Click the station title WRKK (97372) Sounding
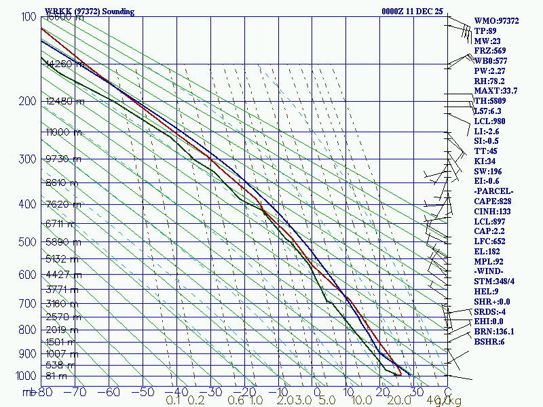coord(90,12)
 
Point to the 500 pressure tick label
coord(26,242)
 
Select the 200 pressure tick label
coord(26,102)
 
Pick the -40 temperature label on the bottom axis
coord(177,391)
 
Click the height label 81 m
coord(57,376)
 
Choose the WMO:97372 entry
coord(496,21)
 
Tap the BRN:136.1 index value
coord(494,332)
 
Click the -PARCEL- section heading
coord(494,191)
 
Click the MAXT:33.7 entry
coord(495,91)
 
